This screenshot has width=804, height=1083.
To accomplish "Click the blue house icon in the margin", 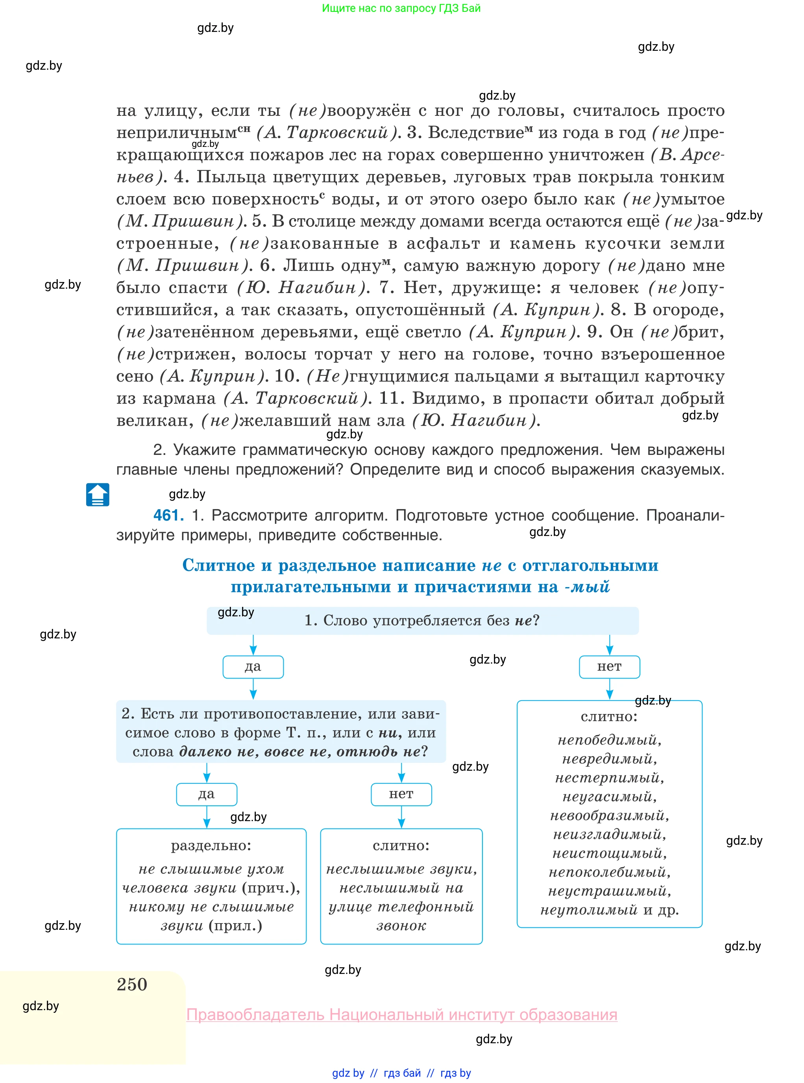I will click(97, 495).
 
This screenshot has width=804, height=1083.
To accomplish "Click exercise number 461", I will click(168, 515).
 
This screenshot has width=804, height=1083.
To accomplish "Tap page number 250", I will click(132, 984).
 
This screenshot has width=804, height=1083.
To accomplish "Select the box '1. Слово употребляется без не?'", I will click(422, 620).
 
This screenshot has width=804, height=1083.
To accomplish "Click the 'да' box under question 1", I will click(253, 667).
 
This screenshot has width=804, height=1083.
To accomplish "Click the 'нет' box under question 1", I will click(609, 667).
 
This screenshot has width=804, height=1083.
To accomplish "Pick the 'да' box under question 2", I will click(206, 794).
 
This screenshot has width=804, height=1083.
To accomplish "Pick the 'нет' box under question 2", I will click(401, 794).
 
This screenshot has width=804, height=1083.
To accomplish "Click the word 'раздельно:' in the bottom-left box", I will click(211, 846).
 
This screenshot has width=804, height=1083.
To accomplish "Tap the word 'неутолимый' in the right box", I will click(589, 910).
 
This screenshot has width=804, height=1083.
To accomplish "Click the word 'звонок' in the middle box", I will click(401, 926).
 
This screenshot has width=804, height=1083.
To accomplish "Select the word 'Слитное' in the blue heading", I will click(218, 566).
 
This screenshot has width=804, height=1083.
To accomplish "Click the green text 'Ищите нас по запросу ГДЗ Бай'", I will click(401, 8).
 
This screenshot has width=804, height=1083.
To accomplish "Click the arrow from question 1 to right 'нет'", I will click(609, 645).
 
